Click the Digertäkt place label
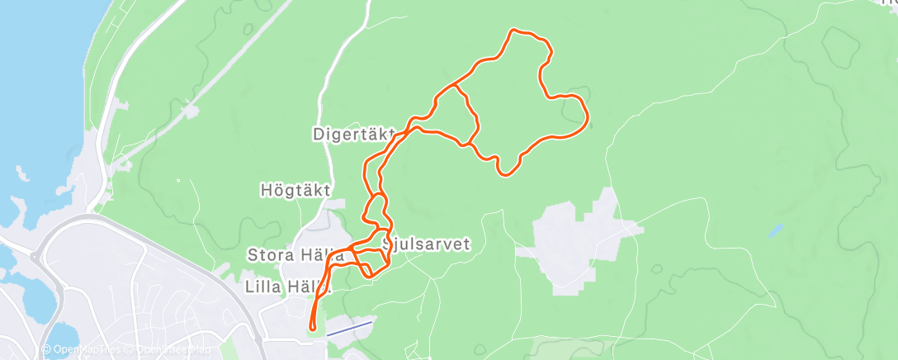353,133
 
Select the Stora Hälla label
295,255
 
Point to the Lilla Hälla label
288,287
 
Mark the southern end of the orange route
313,329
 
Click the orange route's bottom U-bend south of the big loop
507,173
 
